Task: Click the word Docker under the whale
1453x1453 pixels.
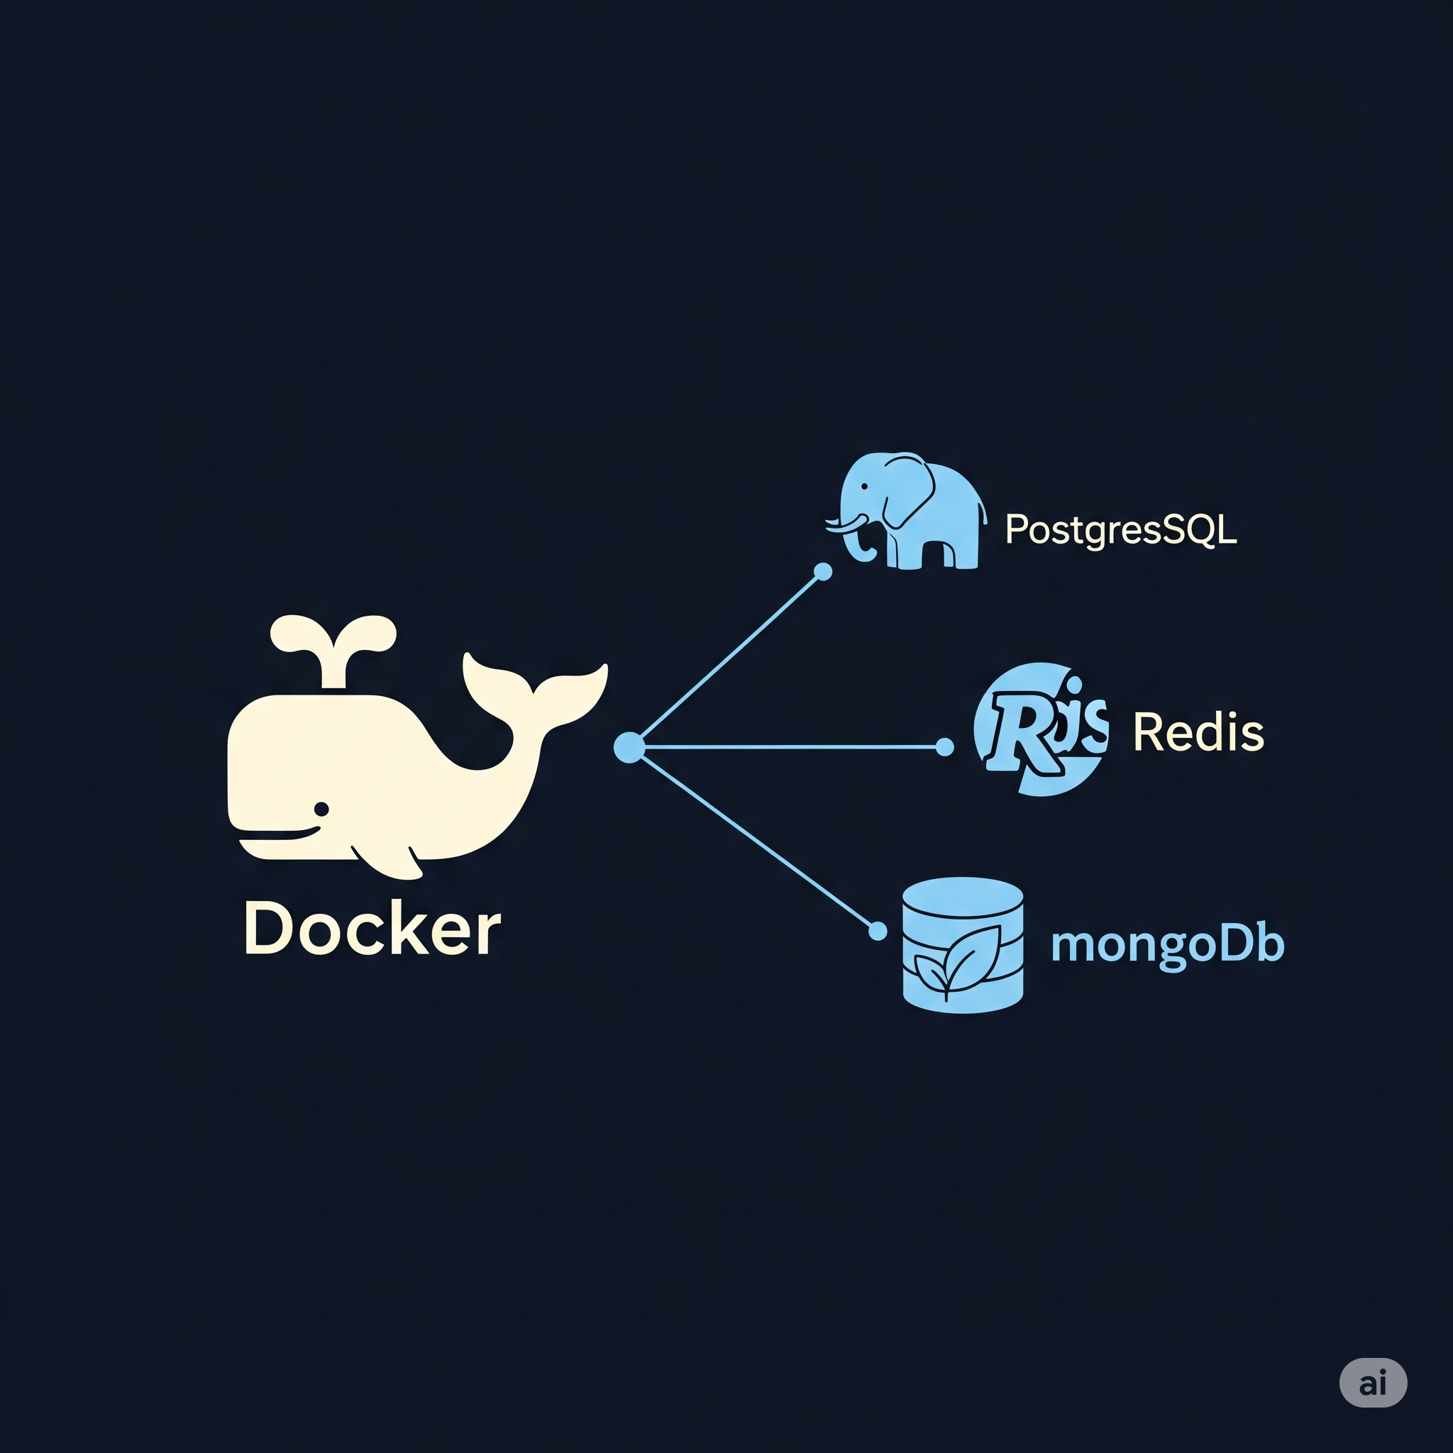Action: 372,929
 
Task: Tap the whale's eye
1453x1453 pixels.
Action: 321,809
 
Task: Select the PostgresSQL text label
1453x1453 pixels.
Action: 1120,530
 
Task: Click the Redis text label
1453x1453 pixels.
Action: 1198,731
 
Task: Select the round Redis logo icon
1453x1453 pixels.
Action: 1040,729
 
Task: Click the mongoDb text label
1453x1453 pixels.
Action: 1167,945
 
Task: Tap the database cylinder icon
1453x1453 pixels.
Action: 963,944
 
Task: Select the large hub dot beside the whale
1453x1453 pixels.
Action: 629,747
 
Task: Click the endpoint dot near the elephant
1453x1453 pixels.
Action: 824,573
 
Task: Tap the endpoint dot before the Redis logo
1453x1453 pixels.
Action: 944,747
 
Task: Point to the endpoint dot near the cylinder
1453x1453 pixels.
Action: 878,932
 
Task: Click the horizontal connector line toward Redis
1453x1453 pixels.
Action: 790,747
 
